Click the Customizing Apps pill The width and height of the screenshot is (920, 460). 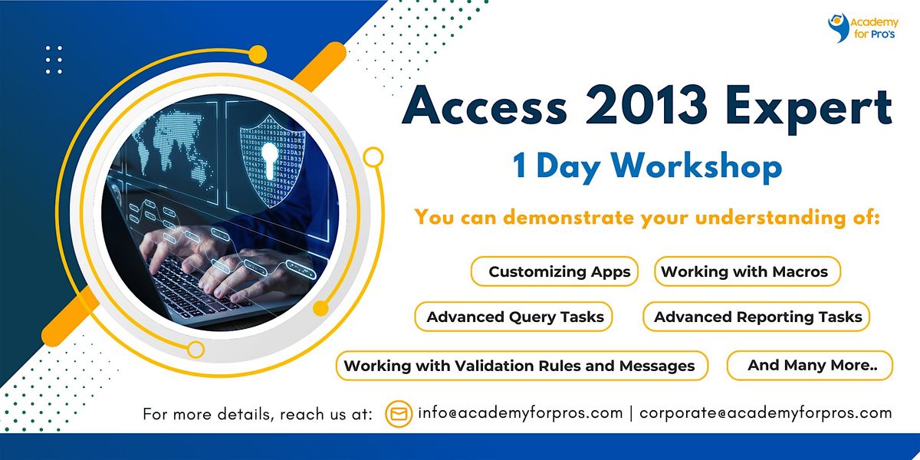coord(554,271)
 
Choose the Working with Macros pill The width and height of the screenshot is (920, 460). coord(746,271)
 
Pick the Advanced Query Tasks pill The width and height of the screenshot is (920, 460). coord(514,317)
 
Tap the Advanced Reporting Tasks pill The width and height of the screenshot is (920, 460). coord(757,317)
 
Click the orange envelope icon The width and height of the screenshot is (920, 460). coord(399,413)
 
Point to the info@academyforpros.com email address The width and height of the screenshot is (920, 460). coord(520,413)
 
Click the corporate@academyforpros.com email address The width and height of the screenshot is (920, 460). coord(765,413)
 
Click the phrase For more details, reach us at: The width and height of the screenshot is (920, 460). coord(258,414)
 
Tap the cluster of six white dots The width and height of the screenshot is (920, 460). coord(54,60)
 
